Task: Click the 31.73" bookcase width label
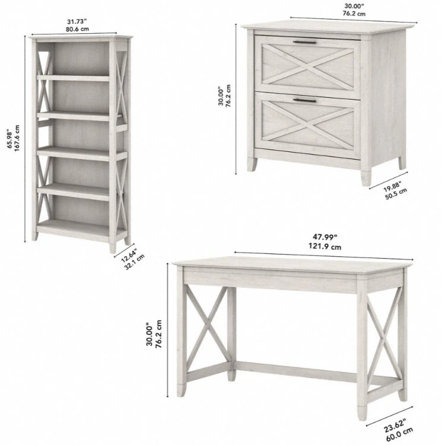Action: [77, 21]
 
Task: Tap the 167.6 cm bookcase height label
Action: [17, 138]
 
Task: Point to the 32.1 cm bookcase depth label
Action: [135, 262]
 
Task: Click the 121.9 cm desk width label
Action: [325, 247]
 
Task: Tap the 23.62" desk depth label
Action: [395, 425]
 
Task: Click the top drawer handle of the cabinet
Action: [305, 43]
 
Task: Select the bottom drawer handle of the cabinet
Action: [304, 100]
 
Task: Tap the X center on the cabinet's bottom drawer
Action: [308, 123]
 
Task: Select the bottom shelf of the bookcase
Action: [81, 228]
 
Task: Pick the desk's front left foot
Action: [182, 390]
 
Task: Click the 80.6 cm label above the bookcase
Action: [77, 29]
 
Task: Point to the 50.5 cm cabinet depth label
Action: [396, 194]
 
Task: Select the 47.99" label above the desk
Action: [325, 237]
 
